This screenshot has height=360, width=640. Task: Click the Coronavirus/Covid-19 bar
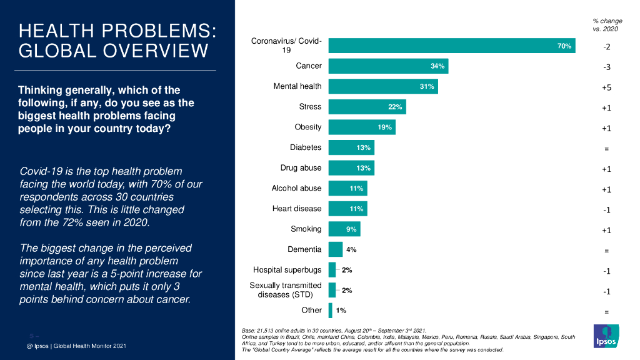(451, 46)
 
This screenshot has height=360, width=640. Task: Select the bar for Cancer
(388, 66)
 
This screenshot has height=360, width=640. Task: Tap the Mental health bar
(383, 86)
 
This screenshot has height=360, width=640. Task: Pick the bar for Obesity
(362, 127)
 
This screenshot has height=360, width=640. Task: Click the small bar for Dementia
(335, 249)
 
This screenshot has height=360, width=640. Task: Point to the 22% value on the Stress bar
(395, 107)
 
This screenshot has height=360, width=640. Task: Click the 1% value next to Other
(341, 310)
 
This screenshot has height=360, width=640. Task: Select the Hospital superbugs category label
(287, 270)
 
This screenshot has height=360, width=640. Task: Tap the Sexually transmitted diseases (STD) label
(286, 290)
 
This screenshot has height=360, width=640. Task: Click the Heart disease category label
(297, 209)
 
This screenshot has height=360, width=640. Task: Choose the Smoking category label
(306, 229)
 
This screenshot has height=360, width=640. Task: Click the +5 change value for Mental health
(606, 88)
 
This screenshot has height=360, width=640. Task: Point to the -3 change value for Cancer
(606, 67)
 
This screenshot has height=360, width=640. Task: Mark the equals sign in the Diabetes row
(606, 149)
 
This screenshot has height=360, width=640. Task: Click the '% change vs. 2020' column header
(607, 25)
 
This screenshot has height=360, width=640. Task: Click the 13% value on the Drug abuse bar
(364, 168)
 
